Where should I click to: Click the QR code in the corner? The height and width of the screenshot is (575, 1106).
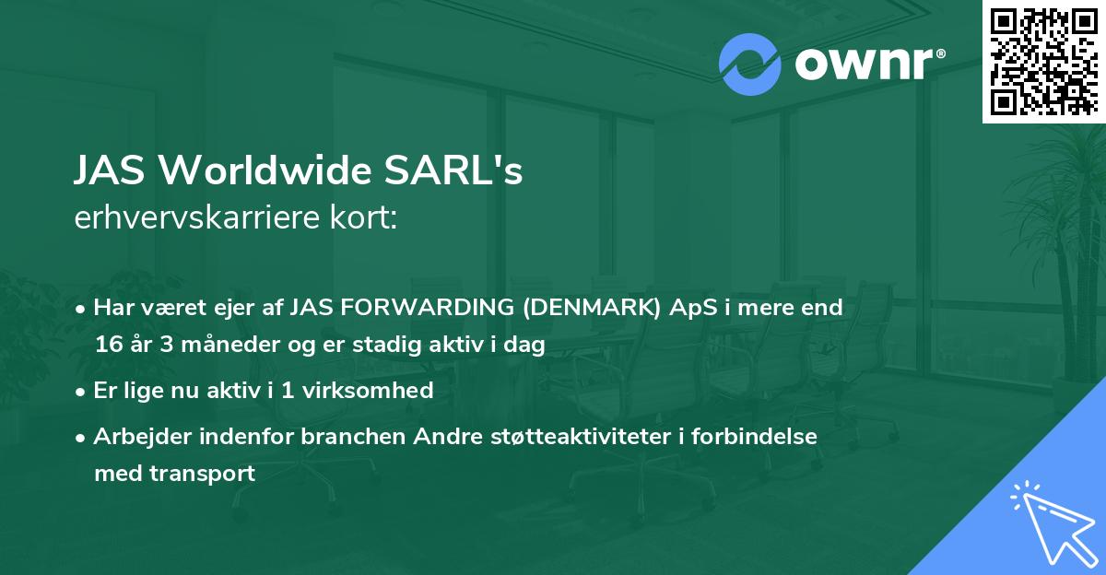tap(1044, 61)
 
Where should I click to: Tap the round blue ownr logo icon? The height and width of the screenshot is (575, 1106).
tap(750, 65)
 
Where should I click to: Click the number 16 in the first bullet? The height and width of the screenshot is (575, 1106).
tap(109, 345)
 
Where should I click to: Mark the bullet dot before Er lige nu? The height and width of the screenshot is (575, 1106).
tap(82, 391)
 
